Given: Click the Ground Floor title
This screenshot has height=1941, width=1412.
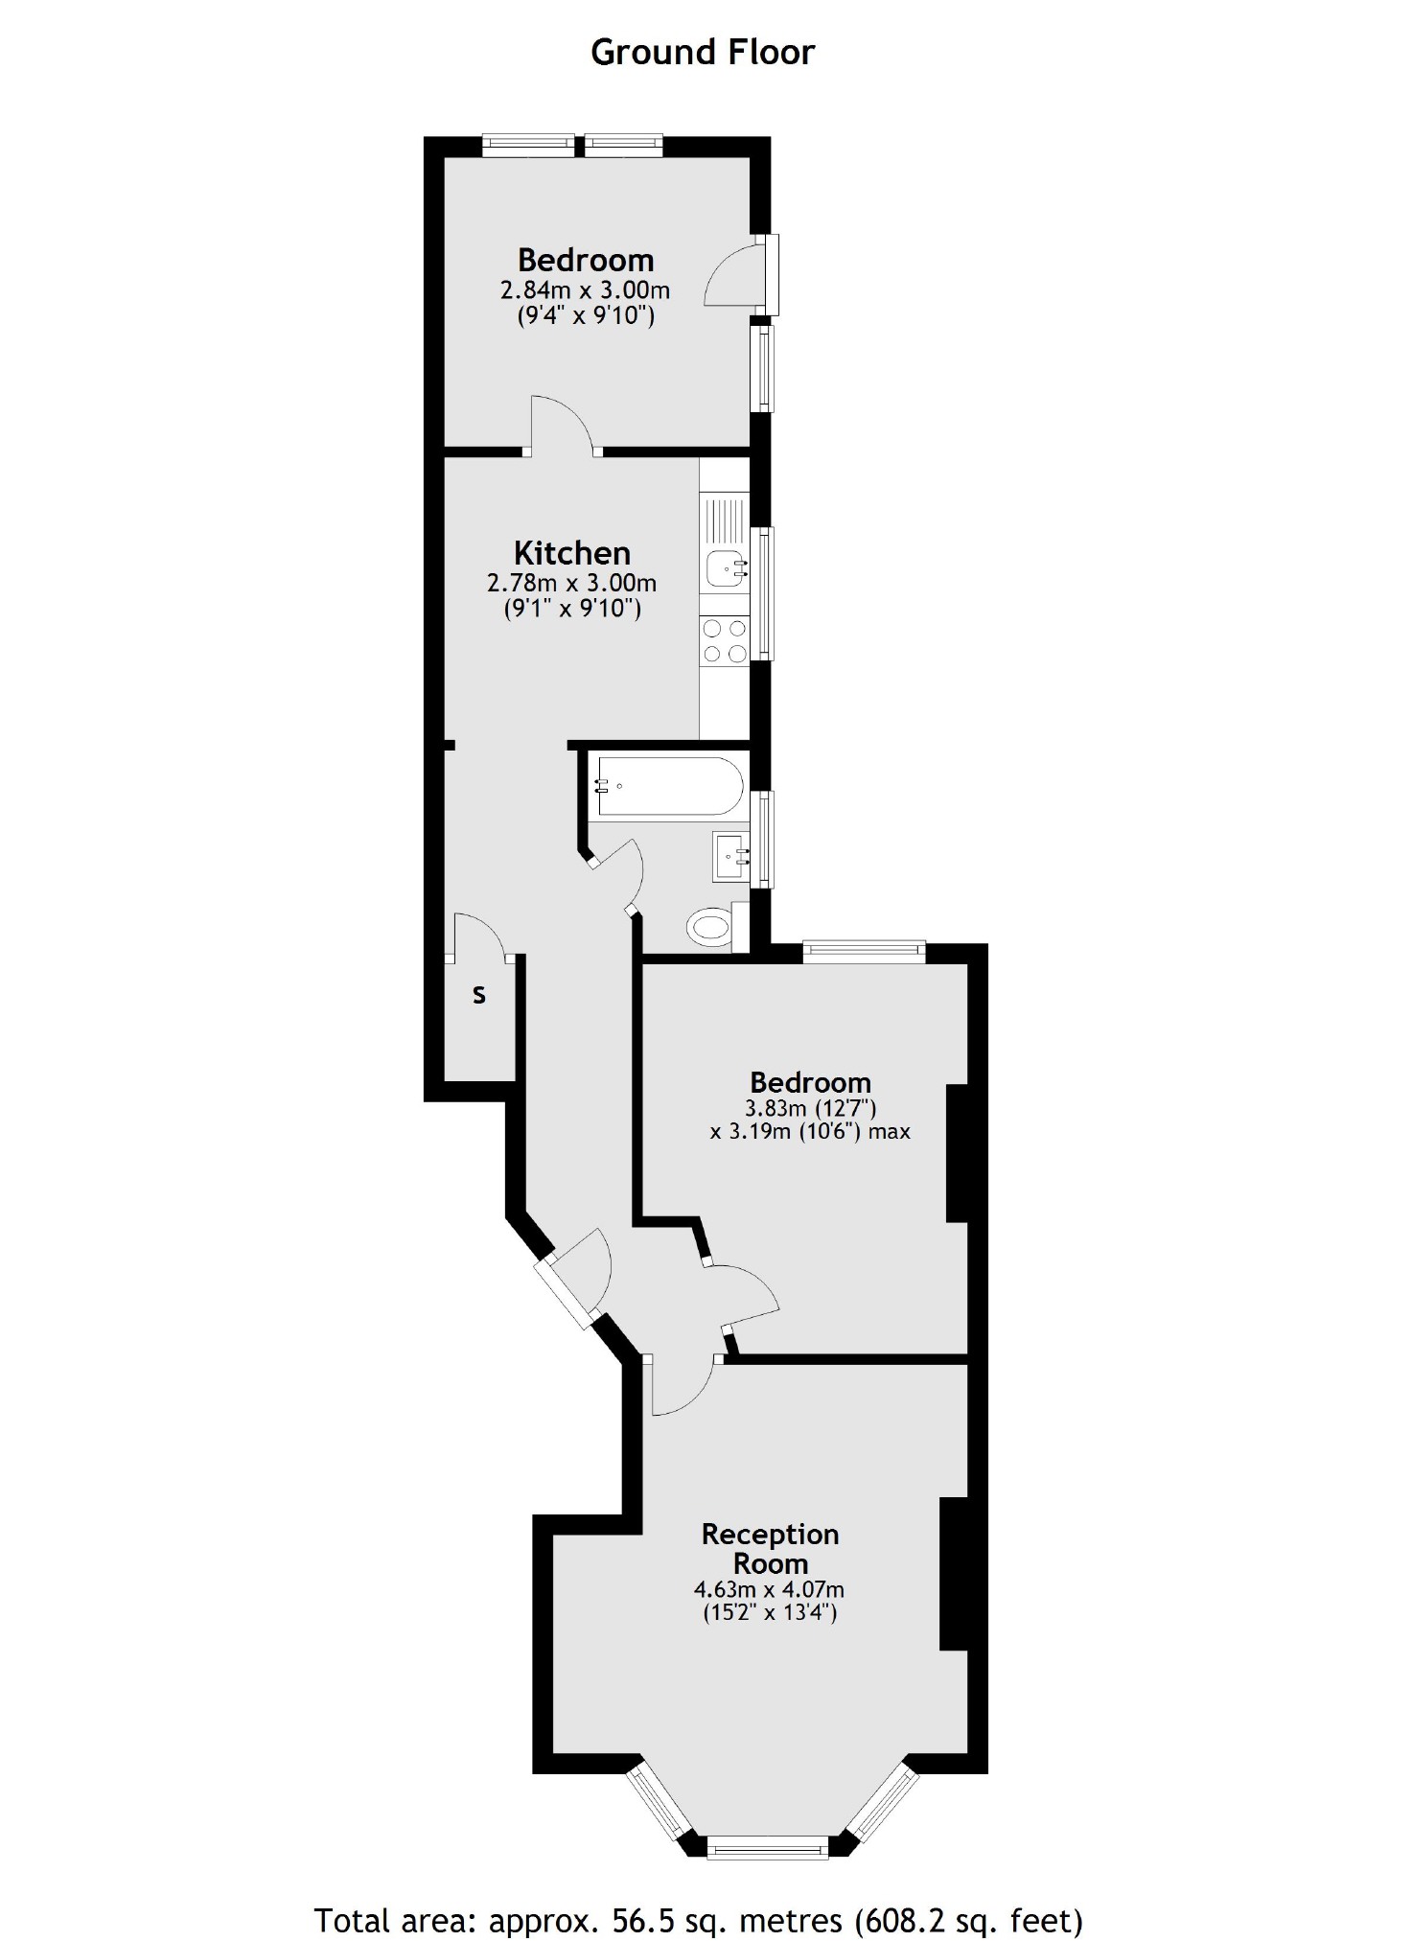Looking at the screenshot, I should [703, 52].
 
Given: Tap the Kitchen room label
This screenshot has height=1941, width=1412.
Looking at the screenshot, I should [572, 553].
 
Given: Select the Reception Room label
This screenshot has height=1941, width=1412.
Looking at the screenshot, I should [770, 1548].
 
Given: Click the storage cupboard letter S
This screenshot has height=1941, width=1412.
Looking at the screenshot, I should [479, 996].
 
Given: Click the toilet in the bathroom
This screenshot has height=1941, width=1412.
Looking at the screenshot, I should [710, 927].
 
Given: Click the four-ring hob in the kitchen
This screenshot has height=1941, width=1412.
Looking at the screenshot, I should [725, 641].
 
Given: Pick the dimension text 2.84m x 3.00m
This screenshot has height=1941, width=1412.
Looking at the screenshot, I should [585, 289].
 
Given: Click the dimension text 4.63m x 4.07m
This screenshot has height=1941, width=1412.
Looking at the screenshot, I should [769, 1589].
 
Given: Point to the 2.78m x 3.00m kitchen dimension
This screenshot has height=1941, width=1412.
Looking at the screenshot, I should [572, 582].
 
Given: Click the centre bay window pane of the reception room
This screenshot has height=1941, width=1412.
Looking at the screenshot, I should [767, 1846].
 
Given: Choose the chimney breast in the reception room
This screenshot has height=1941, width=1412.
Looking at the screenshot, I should [954, 1573].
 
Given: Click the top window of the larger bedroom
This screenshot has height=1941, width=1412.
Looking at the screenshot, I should [864, 951].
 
